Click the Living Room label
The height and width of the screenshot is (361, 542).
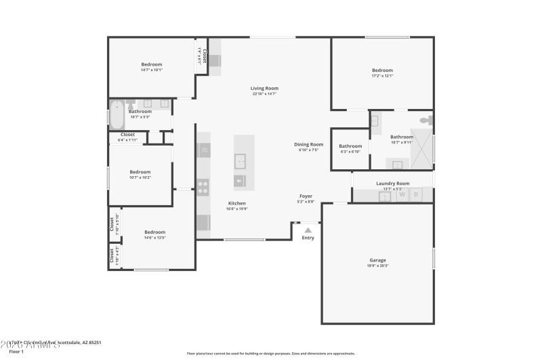(x=264, y=88)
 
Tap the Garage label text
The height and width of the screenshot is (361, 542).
(x=377, y=260)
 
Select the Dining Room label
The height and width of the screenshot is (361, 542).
(x=308, y=144)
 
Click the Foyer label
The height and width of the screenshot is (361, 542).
(x=306, y=196)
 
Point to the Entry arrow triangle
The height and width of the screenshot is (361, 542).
(x=308, y=230)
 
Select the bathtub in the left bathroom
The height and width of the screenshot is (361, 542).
(x=117, y=114)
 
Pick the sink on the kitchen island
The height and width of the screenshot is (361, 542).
(x=241, y=161)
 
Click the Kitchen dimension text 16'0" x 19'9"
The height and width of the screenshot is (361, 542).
(x=237, y=209)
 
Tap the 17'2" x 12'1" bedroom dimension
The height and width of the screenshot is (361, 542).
(x=382, y=76)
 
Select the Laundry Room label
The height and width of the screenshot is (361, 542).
(x=393, y=183)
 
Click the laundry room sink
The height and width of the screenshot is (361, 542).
(x=384, y=197)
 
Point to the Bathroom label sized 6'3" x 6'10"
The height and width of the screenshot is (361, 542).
(x=350, y=146)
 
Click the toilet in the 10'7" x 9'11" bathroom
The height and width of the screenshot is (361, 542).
(x=425, y=120)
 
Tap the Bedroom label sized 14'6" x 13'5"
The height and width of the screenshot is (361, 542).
(x=154, y=232)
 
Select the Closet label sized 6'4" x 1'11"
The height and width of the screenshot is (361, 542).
(x=127, y=134)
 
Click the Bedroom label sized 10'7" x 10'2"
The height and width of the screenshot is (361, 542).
(x=140, y=171)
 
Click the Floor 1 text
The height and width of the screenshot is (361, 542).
(x=16, y=352)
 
